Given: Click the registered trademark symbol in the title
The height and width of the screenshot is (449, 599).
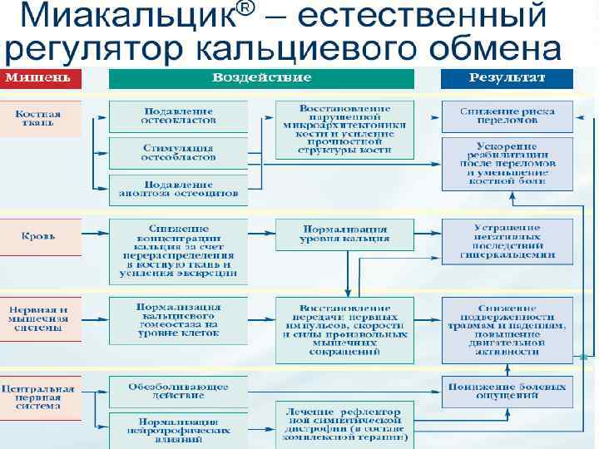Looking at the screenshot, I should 244,10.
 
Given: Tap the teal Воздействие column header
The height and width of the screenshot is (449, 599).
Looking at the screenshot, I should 261,78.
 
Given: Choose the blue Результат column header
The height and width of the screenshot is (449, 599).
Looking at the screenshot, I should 507,78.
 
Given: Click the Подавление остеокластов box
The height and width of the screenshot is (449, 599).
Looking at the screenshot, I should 178,116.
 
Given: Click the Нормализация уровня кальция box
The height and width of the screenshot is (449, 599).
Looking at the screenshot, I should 344,234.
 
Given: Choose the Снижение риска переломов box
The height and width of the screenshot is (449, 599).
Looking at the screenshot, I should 508,117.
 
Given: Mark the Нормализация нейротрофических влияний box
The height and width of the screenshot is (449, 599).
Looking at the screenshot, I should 178,427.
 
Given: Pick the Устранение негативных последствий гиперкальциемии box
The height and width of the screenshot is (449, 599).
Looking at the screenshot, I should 508,241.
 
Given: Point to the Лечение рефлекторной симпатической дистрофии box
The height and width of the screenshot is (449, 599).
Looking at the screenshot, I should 344,423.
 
